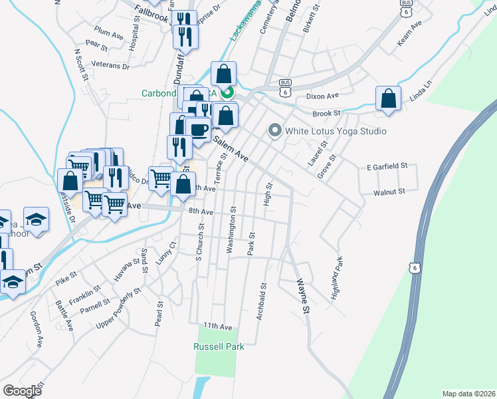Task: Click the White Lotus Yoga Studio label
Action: [x=336, y=131]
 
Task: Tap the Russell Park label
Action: [x=219, y=346]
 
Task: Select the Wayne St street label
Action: [x=303, y=296]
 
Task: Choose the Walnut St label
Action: [x=389, y=192]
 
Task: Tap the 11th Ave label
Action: [x=218, y=327]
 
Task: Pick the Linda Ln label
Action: [x=421, y=92]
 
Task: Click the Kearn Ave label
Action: [x=410, y=33]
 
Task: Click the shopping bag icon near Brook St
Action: [x=388, y=98]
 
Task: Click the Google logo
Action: [x=23, y=391]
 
